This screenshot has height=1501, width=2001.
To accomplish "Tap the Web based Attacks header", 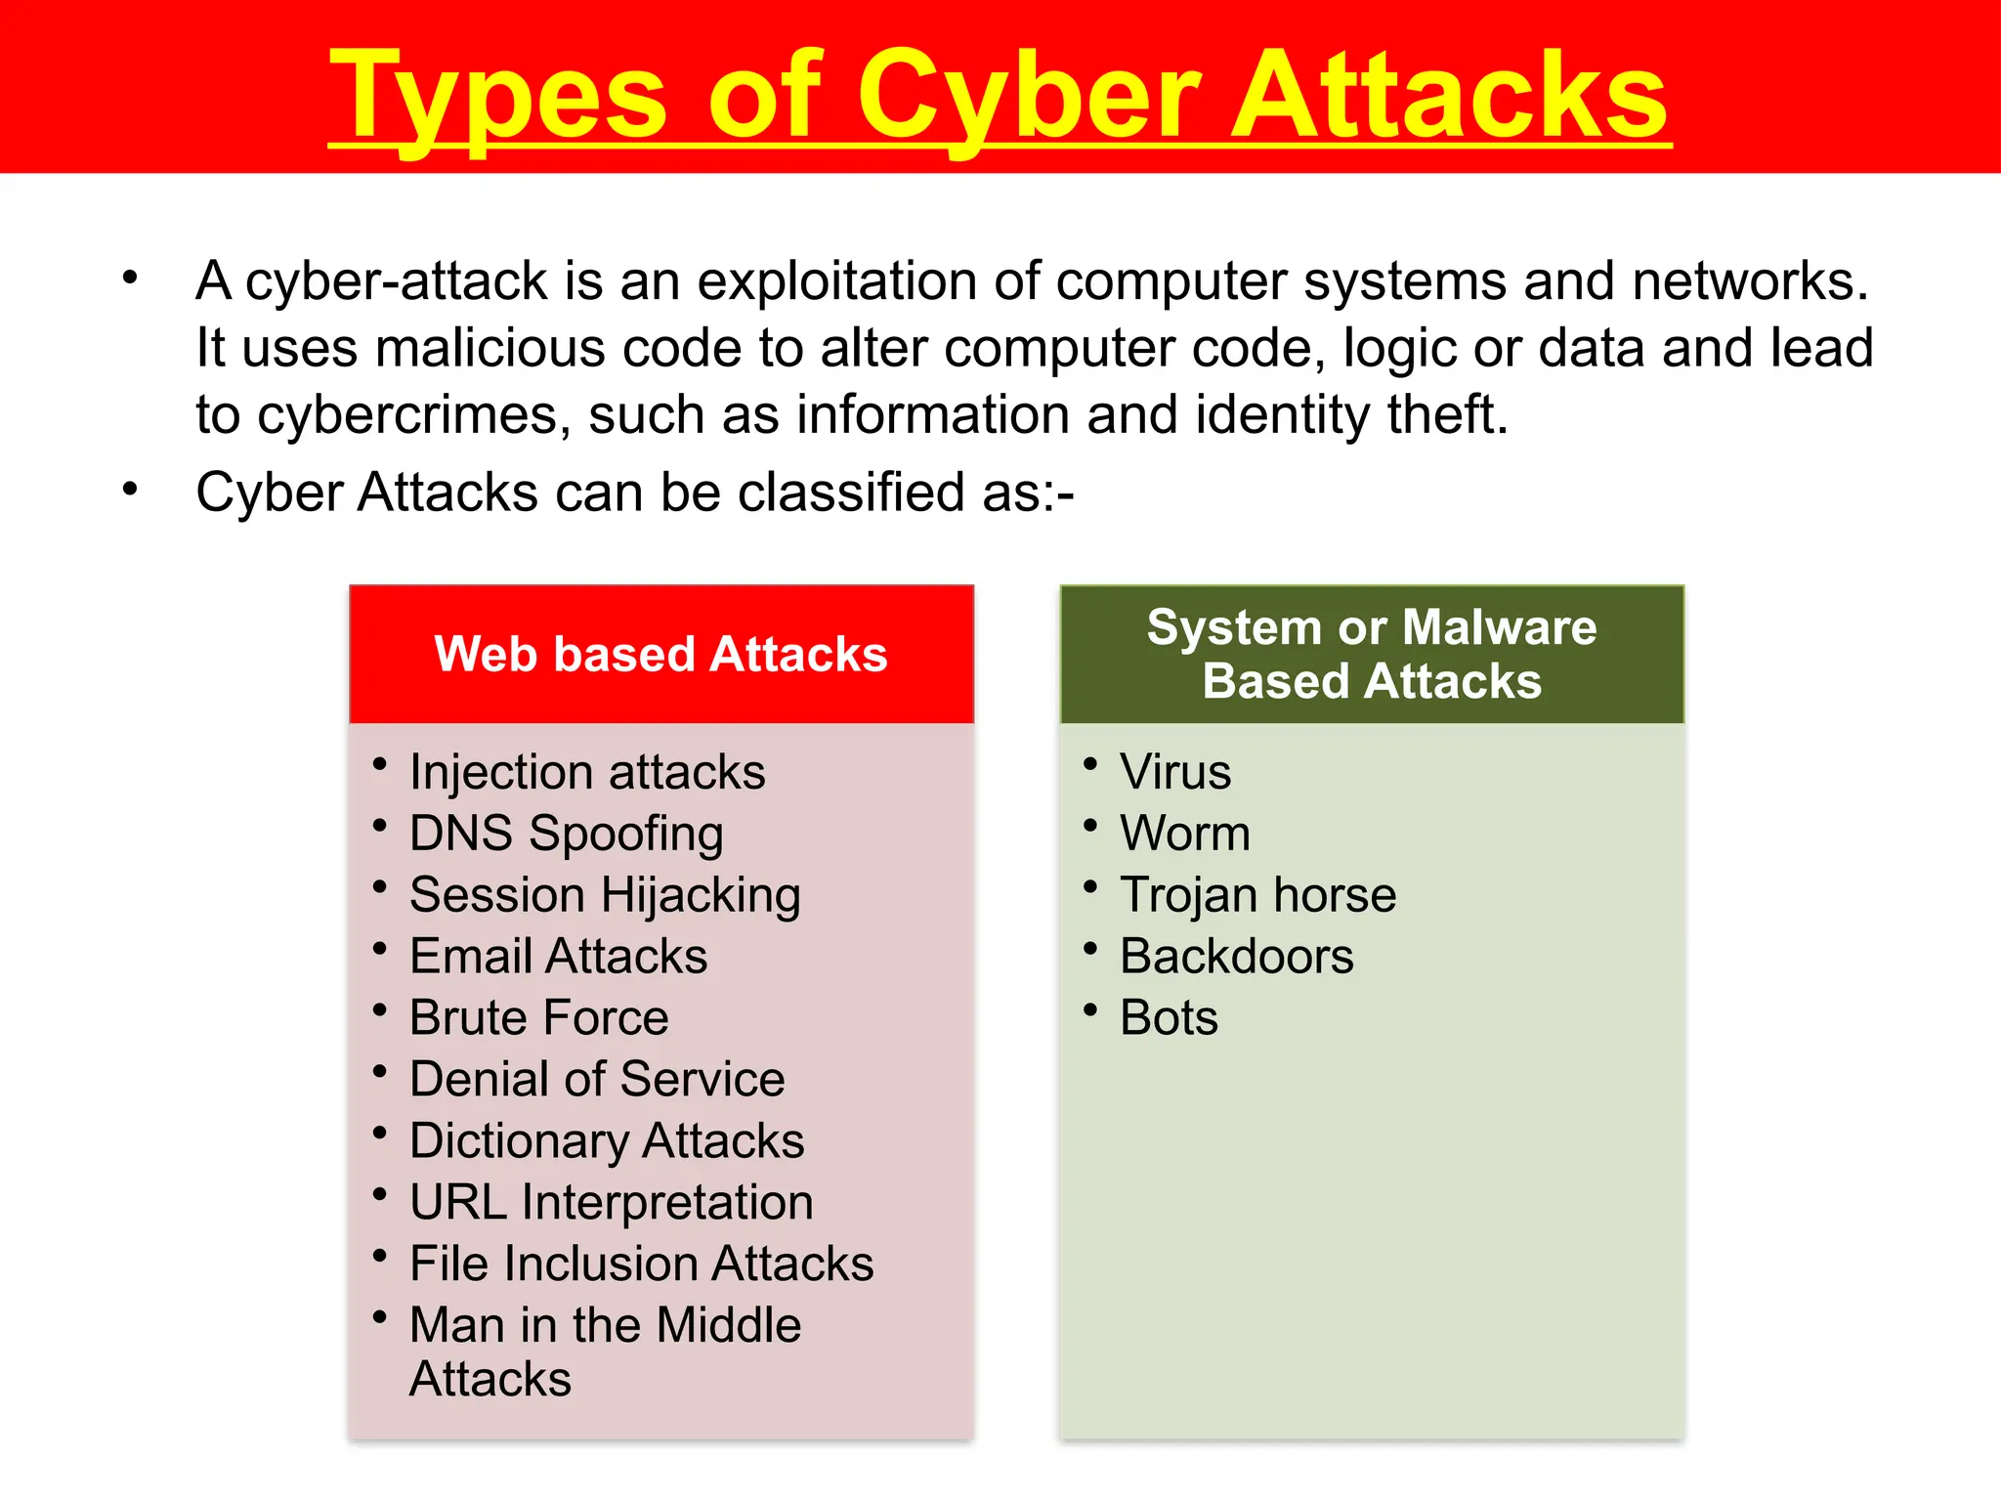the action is coord(660,654).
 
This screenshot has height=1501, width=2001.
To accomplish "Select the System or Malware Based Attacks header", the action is coord(1372,654).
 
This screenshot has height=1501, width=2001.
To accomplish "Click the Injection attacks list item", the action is coord(587,772).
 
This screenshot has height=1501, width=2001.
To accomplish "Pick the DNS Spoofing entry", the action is coord(566,834).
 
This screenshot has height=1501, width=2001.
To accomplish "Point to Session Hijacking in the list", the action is coord(605,895).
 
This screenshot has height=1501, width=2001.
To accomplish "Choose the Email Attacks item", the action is coord(558,956).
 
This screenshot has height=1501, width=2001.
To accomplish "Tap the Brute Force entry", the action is coord(538,1017).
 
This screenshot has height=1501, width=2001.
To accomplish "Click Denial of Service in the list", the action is coord(597,1079).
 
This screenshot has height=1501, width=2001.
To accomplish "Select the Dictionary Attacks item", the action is coord(607,1140).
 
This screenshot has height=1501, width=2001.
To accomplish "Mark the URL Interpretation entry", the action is coord(611,1202).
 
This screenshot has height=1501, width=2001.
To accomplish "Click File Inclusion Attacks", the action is coord(641,1264).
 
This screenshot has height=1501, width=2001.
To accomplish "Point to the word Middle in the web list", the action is coord(728,1325).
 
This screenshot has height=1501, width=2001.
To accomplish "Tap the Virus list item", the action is coord(1175,772).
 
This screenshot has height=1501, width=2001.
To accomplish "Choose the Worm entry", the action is coord(1184,834).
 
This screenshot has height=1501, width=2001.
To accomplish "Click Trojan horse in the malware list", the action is coord(1257,895).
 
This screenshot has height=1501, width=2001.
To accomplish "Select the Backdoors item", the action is coord(1236,956).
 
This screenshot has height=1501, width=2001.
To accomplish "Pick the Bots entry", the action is coord(1169,1017).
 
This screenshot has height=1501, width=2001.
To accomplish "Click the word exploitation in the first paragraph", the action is coord(836,281).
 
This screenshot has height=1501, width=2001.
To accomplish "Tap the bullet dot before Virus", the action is coord(1090,762).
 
